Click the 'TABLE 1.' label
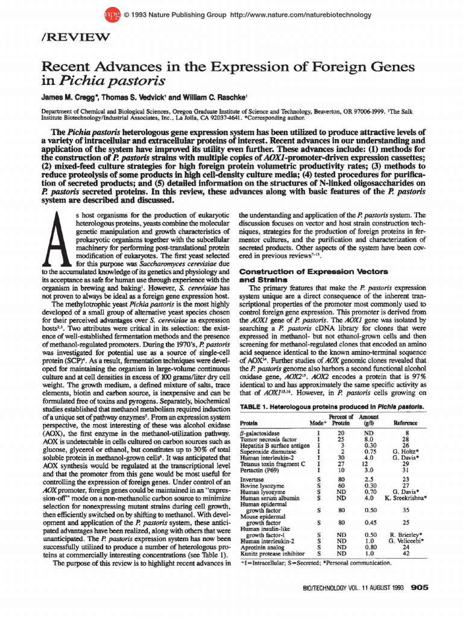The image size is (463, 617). (x=257, y=407)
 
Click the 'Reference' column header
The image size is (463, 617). (x=405, y=423)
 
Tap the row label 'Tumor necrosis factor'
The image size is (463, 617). (x=268, y=439)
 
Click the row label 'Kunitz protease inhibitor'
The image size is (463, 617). (x=275, y=553)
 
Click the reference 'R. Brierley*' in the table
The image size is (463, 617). (x=405, y=534)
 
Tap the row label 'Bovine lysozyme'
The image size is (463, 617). (x=263, y=485)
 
